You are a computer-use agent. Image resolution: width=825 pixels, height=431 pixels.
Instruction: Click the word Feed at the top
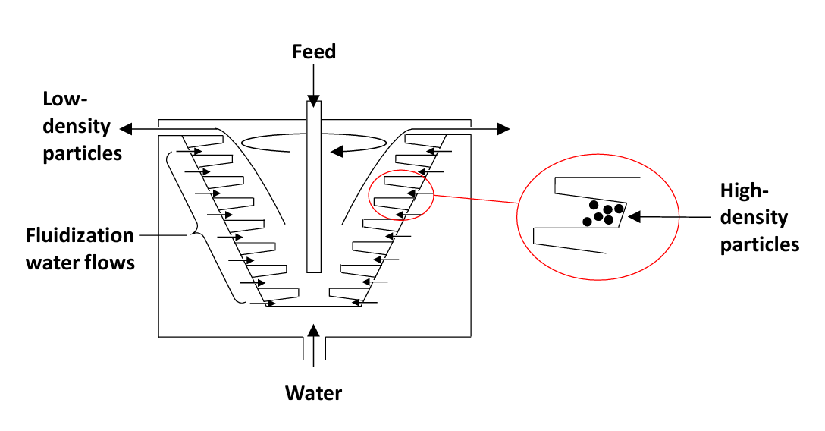pyautogui.click(x=314, y=52)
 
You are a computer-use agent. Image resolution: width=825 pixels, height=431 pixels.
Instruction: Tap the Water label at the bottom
pyautogui.click(x=313, y=393)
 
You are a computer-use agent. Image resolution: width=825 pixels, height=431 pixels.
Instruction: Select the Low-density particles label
pyautogui.click(x=82, y=126)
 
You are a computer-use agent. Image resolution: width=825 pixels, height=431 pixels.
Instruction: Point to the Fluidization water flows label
pyautogui.click(x=80, y=249)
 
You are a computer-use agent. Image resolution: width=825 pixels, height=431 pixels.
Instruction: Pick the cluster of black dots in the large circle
pyautogui.click(x=603, y=213)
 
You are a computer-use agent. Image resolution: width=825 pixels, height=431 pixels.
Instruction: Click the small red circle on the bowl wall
pyautogui.click(x=401, y=195)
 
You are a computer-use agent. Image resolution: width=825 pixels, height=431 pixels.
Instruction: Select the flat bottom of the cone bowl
pyautogui.click(x=314, y=307)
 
